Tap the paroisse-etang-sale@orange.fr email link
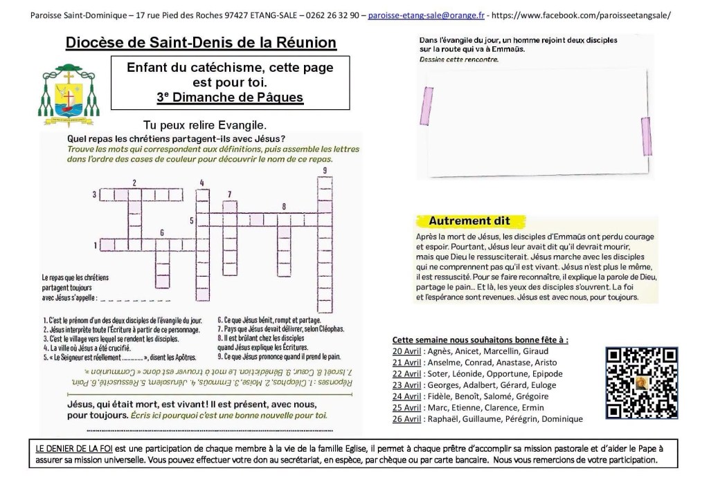pyautogui.click(x=426, y=15)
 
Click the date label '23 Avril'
pyautogui.click(x=406, y=385)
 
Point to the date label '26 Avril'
pyautogui.click(x=406, y=419)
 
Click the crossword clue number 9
pyautogui.click(x=324, y=171)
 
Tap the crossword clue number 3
pyautogui.click(x=94, y=195)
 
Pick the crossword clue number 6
pyautogui.click(x=162, y=232)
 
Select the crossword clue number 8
pyautogui.click(x=283, y=206)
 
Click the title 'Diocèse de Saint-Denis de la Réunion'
pyautogui.click(x=201, y=43)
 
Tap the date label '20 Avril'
pyautogui.click(x=406, y=351)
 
